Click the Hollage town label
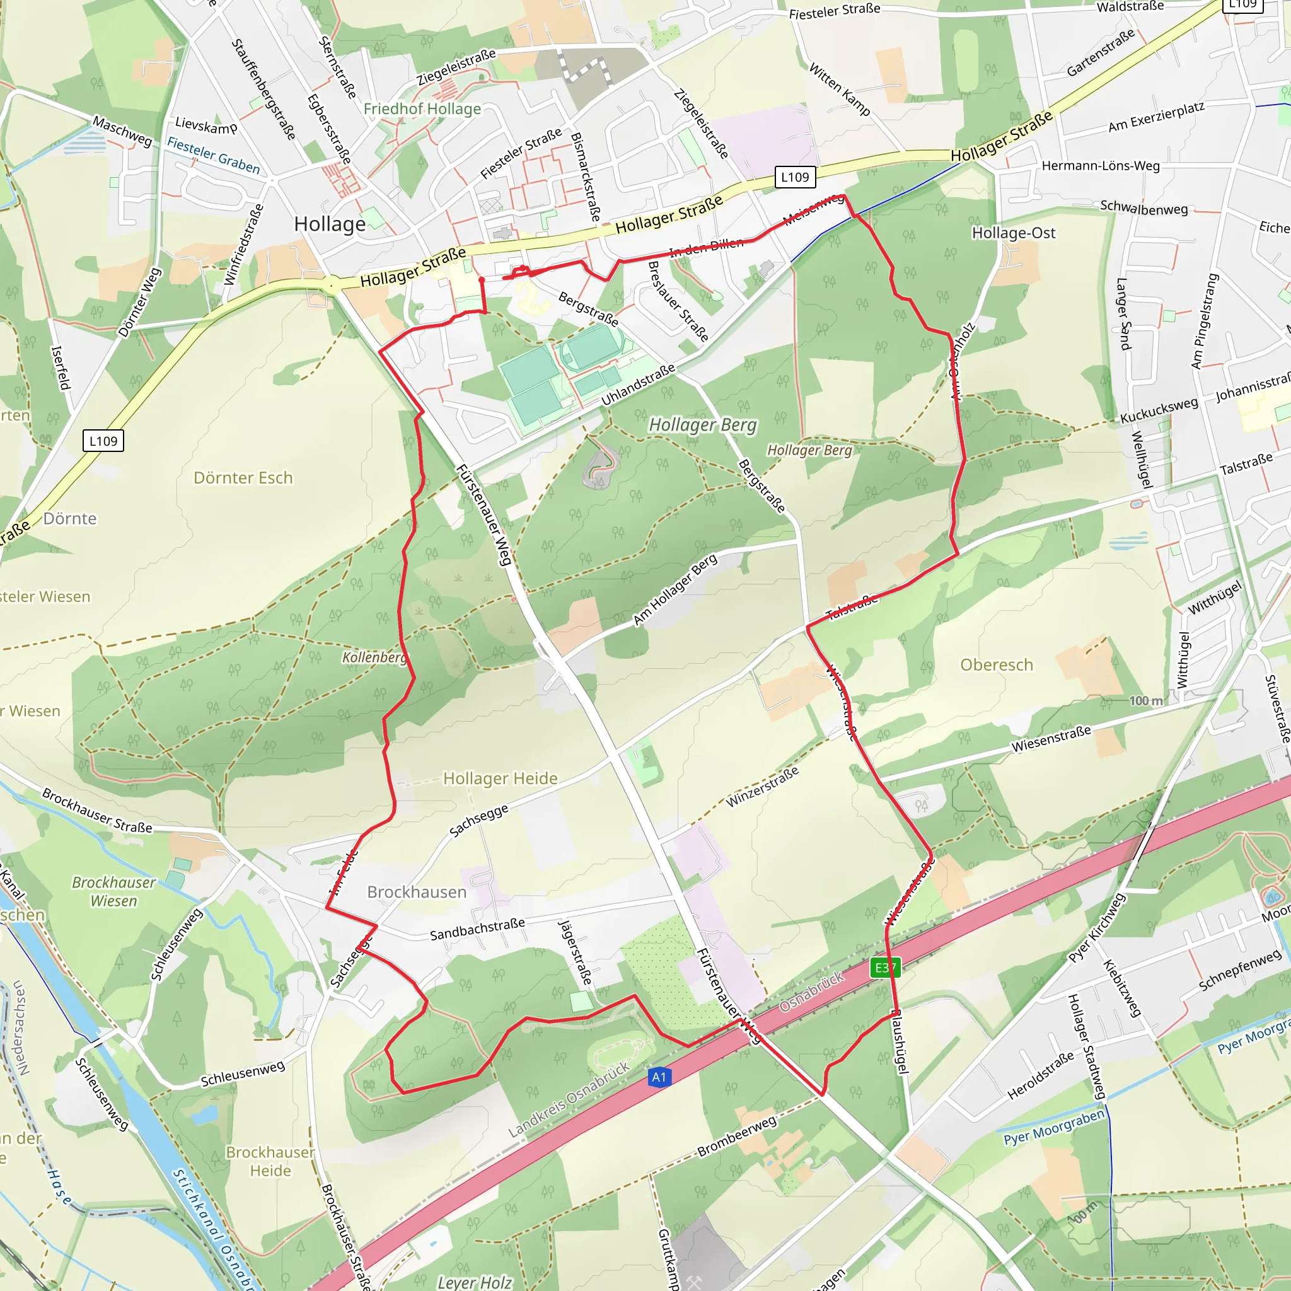330,224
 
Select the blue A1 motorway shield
659,1077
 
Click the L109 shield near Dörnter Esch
103,441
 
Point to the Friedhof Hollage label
422,109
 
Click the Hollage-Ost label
1013,233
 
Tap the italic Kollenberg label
374,657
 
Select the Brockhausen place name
416,892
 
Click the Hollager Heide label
500,779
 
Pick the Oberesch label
997,665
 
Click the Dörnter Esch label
243,478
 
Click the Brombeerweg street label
736,1136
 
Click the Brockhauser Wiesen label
113,891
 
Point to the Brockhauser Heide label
270,1161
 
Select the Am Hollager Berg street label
674,589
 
